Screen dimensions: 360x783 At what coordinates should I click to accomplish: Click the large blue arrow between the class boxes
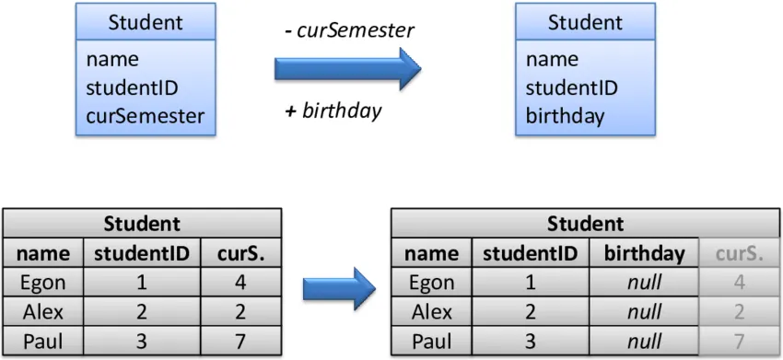(346, 70)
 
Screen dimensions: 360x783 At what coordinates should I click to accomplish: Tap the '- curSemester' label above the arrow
(349, 30)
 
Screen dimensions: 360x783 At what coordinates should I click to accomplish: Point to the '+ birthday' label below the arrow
(333, 111)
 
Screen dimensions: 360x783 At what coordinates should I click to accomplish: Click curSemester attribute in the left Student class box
(145, 116)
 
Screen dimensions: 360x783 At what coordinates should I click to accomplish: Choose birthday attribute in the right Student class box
(565, 116)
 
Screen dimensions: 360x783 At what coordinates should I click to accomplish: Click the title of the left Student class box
(145, 22)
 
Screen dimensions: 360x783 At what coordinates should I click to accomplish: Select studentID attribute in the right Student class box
(571, 88)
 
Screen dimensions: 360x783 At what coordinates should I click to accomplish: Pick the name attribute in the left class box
(112, 60)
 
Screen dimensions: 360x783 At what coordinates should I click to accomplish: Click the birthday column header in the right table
(644, 253)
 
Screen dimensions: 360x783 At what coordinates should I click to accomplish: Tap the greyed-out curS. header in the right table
(739, 253)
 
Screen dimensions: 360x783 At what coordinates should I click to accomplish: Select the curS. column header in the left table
(240, 253)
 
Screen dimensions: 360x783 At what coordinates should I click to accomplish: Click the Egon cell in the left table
(43, 283)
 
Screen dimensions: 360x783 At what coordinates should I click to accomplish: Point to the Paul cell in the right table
(431, 343)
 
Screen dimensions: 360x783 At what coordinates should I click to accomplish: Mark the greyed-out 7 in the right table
(739, 343)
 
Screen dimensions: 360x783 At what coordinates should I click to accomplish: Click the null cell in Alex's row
(644, 313)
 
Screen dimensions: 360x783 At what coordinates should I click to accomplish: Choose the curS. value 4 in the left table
(240, 283)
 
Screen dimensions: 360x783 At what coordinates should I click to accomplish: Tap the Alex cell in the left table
(43, 313)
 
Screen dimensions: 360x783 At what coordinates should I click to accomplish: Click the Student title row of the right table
(585, 224)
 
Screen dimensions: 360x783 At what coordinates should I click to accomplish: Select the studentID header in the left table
(142, 253)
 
